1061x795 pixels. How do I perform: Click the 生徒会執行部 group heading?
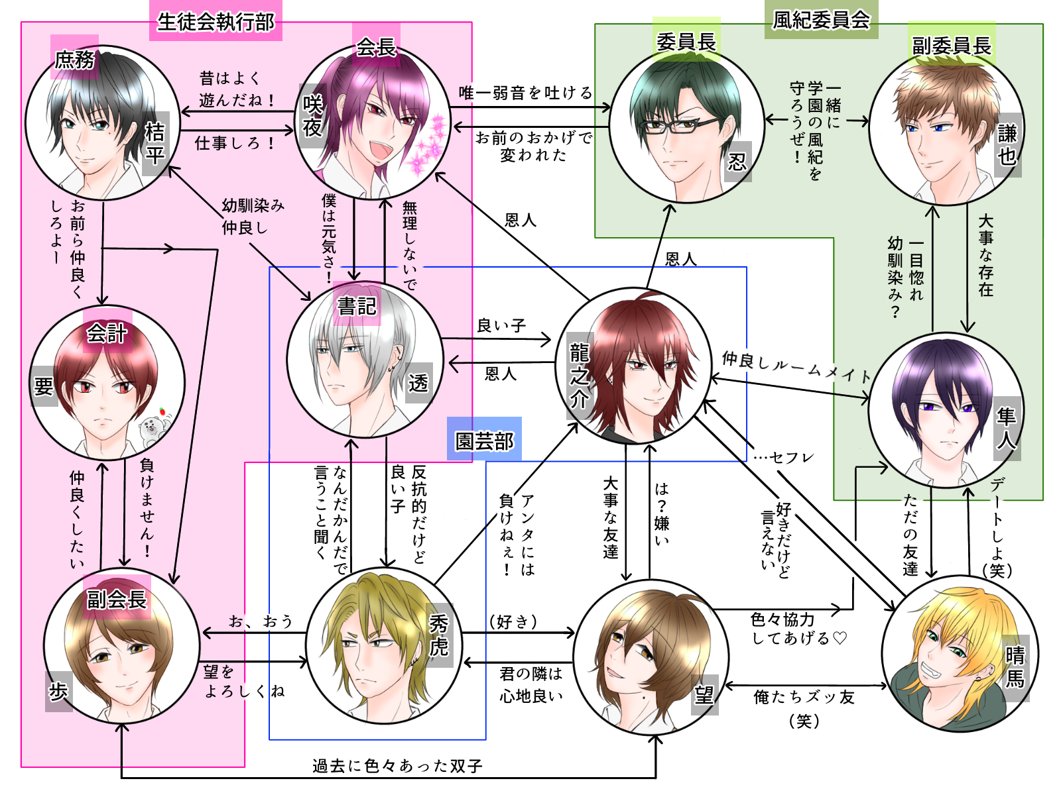216,22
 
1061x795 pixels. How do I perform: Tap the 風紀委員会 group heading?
821,20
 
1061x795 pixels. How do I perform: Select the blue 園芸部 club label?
484,441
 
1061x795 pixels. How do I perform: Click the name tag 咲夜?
312,115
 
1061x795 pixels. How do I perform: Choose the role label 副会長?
117,600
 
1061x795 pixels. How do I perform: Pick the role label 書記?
357,305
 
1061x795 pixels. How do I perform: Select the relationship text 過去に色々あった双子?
397,766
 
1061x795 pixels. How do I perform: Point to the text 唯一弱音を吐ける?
525,93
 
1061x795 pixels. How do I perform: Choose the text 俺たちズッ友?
804,697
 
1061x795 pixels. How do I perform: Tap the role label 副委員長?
951,46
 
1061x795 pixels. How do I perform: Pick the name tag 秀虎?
439,634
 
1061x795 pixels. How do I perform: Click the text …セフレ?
783,457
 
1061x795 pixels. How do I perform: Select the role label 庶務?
74,60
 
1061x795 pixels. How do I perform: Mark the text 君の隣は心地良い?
531,684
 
